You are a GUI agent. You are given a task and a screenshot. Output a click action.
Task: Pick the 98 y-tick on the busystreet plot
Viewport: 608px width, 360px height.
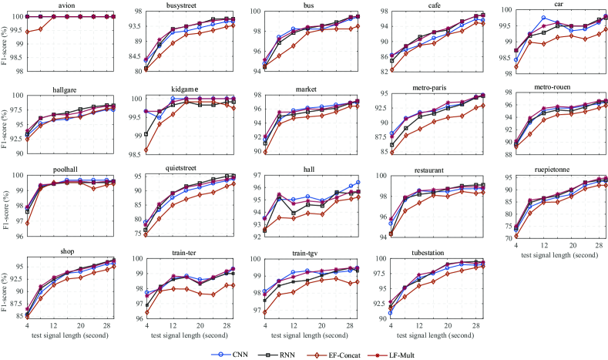[134, 12]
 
